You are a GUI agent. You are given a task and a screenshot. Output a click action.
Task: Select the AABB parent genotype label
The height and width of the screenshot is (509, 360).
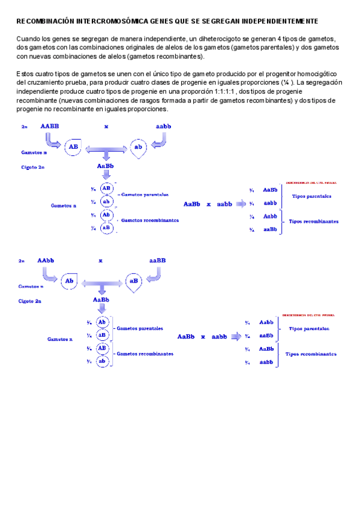(x=50, y=127)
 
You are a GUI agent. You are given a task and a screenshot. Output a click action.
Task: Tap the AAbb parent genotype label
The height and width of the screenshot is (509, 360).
(x=46, y=261)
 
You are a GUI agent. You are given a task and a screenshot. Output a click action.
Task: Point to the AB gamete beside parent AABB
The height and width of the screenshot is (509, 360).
(x=73, y=146)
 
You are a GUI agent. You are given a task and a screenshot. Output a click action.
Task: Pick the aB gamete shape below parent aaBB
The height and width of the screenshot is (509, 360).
(x=134, y=280)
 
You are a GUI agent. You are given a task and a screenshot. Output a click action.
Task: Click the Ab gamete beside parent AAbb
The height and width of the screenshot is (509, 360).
(x=70, y=280)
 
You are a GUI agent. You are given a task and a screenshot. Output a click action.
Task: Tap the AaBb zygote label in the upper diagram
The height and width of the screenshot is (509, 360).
(x=106, y=165)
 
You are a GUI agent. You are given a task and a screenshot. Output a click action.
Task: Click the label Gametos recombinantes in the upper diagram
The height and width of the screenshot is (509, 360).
(x=150, y=220)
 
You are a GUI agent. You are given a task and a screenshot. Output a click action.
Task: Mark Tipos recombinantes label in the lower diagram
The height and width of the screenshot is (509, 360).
(x=311, y=354)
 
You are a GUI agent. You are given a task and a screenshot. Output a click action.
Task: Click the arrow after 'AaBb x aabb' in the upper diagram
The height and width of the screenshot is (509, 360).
(x=241, y=205)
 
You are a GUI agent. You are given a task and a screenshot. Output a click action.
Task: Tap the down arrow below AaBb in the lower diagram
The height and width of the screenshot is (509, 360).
(x=101, y=310)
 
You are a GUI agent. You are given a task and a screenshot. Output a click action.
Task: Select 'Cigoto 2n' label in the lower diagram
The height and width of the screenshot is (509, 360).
(x=30, y=301)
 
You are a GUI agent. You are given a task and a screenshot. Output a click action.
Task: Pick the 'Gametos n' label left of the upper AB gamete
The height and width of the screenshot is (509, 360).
(x=33, y=153)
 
